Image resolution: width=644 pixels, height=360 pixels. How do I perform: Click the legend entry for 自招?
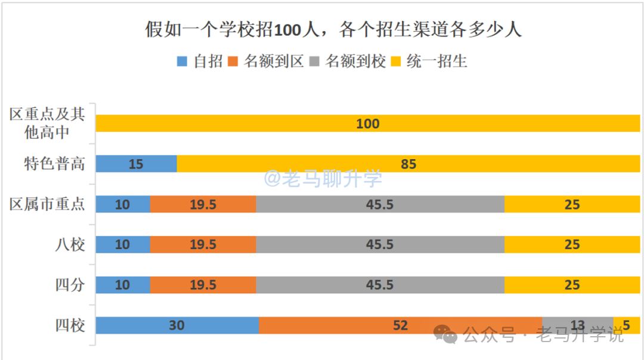point(200,61)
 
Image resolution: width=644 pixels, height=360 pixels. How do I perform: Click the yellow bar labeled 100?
point(367,123)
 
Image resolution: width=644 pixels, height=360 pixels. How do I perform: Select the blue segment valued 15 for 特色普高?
point(136,163)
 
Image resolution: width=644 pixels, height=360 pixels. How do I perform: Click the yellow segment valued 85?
point(408,163)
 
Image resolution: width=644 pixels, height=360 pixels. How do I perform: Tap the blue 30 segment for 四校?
point(177,325)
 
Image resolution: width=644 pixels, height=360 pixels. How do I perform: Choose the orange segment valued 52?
point(400,325)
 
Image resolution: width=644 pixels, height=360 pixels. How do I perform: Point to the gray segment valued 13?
point(577,325)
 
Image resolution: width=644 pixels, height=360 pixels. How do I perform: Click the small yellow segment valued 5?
point(627,325)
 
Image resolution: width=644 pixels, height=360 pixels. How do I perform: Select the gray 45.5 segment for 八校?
point(380,244)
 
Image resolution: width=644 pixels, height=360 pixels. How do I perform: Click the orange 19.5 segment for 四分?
point(203,285)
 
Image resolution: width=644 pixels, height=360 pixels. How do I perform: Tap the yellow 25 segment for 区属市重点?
point(572,204)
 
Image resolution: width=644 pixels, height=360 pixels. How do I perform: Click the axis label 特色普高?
point(54,164)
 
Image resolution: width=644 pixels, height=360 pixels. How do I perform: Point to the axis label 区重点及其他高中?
point(47,123)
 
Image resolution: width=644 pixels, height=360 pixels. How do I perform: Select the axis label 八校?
point(70,244)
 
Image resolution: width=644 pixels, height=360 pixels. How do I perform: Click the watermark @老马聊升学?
point(323,178)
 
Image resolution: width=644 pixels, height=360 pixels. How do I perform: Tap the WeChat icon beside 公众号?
point(445,335)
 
